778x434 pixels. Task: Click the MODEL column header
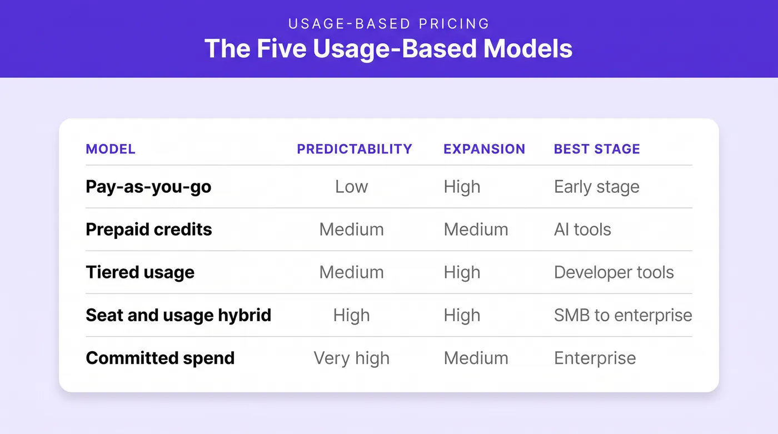point(111,149)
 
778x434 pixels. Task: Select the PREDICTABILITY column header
point(355,149)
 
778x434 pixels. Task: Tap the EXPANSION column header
point(484,149)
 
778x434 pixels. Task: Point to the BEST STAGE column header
point(597,149)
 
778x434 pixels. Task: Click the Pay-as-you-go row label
point(148,187)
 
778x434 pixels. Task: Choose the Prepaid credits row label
point(149,230)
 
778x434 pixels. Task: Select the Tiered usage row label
point(140,272)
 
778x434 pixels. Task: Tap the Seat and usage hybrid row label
point(178,315)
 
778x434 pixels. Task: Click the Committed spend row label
point(160,358)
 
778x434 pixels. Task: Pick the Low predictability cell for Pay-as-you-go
point(351,187)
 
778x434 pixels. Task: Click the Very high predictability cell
point(351,358)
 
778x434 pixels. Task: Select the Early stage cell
point(597,187)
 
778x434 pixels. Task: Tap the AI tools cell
point(582,230)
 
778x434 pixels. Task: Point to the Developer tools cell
point(614,272)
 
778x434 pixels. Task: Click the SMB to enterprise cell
point(623,315)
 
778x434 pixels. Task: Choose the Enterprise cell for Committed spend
point(595,358)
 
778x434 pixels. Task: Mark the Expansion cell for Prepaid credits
point(476,230)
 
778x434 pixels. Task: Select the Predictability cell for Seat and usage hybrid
point(351,315)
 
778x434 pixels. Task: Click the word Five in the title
point(282,48)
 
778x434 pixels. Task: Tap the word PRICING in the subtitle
point(454,23)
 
